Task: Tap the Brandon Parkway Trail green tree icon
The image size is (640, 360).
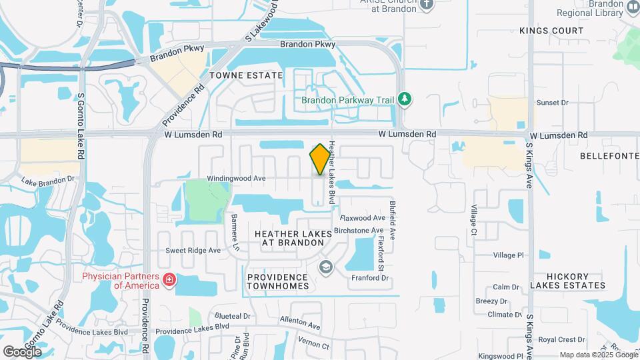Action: pyautogui.click(x=404, y=99)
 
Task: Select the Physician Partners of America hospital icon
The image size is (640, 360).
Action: pyautogui.click(x=169, y=279)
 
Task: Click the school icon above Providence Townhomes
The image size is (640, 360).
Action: pyautogui.click(x=325, y=268)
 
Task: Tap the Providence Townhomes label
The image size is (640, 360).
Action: pyautogui.click(x=278, y=281)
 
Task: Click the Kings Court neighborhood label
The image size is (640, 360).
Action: pyautogui.click(x=551, y=31)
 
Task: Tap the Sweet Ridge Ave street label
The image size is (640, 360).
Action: pyautogui.click(x=193, y=251)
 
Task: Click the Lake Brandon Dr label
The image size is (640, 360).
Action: pyautogui.click(x=48, y=181)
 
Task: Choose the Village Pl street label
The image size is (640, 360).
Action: pyautogui.click(x=509, y=255)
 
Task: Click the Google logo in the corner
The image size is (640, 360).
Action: pyautogui.click(x=22, y=351)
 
